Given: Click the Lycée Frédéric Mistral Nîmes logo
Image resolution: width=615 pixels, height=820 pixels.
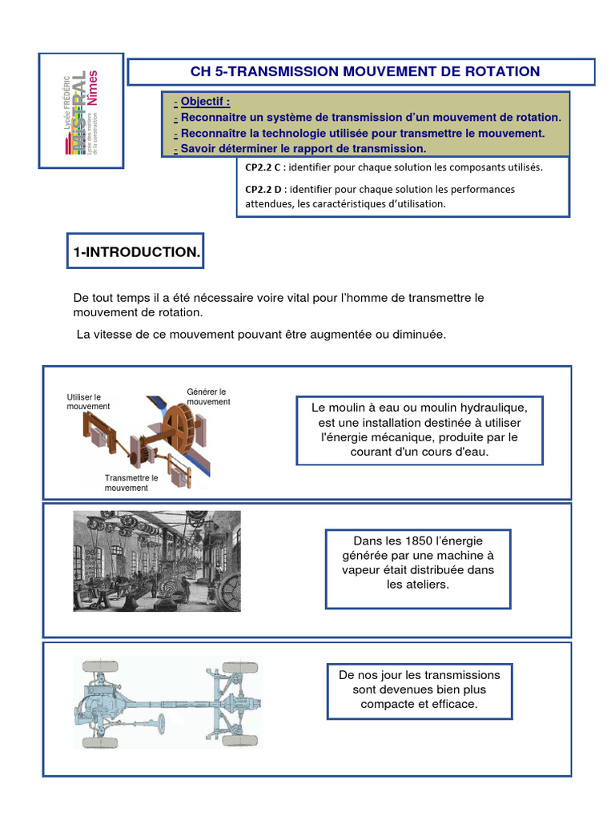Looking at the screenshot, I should click(x=82, y=111).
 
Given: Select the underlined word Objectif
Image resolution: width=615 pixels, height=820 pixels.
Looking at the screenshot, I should click(x=205, y=102).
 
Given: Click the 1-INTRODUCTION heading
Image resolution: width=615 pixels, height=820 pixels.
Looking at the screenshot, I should click(x=137, y=252).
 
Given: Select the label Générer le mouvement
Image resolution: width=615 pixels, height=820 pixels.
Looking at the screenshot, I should click(x=207, y=396).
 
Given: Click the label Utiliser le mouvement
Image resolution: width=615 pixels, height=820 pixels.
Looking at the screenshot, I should click(x=88, y=401).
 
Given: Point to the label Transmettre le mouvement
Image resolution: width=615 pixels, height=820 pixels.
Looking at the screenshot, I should click(x=131, y=483).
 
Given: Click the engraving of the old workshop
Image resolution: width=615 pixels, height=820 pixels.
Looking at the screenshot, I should click(x=156, y=561).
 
